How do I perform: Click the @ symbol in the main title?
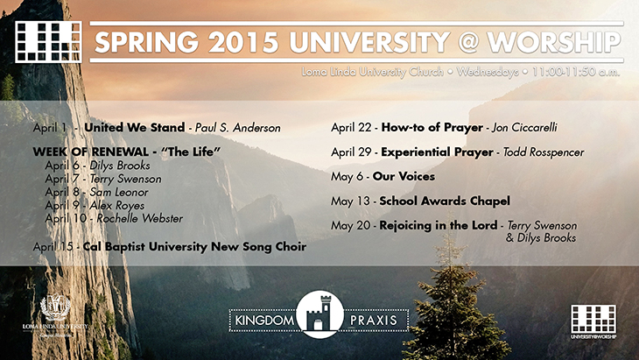coord(467,42)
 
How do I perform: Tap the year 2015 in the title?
coord(243,42)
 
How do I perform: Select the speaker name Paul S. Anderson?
coord(238,128)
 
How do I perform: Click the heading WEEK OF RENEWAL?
coord(90,152)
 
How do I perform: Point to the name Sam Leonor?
coord(118,192)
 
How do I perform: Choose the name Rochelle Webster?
coord(139,218)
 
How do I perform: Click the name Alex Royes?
coord(117,206)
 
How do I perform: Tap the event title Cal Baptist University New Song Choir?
coord(194,247)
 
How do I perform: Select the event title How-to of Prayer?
coord(432,128)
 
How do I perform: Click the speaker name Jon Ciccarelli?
coord(524,128)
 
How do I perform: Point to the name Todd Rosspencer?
coord(544,152)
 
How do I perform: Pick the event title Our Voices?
coord(404,177)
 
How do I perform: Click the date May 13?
coord(349,201)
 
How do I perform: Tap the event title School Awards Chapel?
coord(445,201)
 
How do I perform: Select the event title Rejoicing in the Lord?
coord(438,225)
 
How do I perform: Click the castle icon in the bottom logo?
coord(319,314)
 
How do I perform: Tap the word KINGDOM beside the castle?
coord(264,320)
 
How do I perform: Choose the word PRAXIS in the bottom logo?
coord(373,320)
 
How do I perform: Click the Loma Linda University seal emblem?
coord(55,307)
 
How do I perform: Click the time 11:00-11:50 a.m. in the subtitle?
coord(575,72)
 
